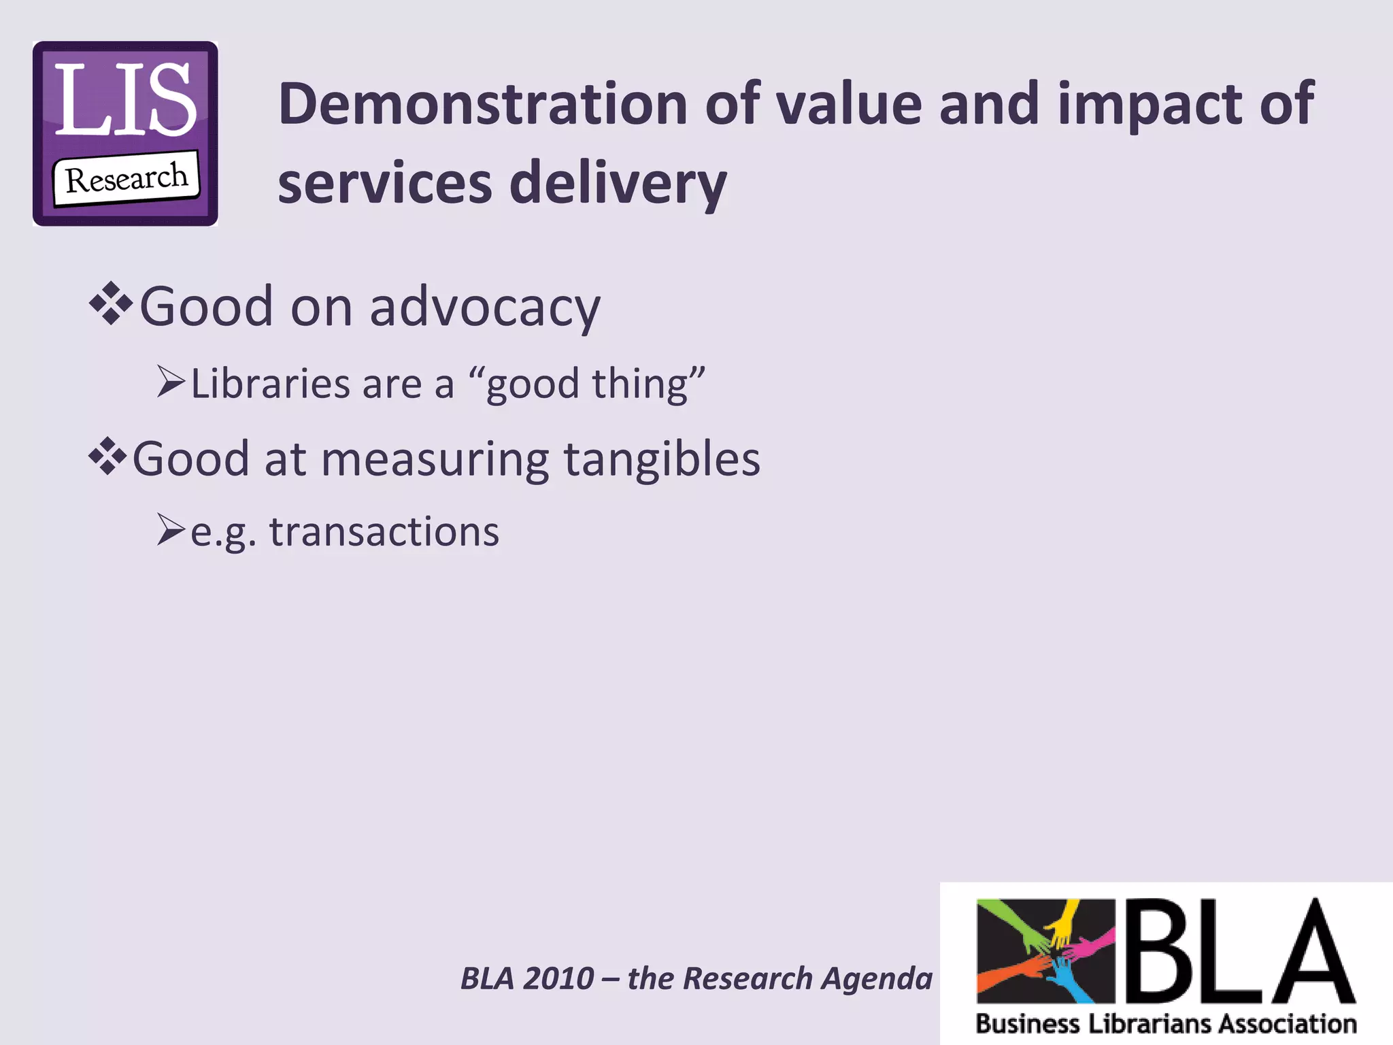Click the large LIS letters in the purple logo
[125, 101]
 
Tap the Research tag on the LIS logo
[127, 179]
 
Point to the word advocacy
[484, 308]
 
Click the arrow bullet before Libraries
[170, 382]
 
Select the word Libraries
[270, 384]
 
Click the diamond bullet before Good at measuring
[107, 457]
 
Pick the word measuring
[435, 460]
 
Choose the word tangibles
[661, 459]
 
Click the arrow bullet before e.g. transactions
[170, 530]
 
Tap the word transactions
[384, 532]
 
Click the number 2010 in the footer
[559, 978]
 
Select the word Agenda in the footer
[877, 978]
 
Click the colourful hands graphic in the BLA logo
[1045, 951]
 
